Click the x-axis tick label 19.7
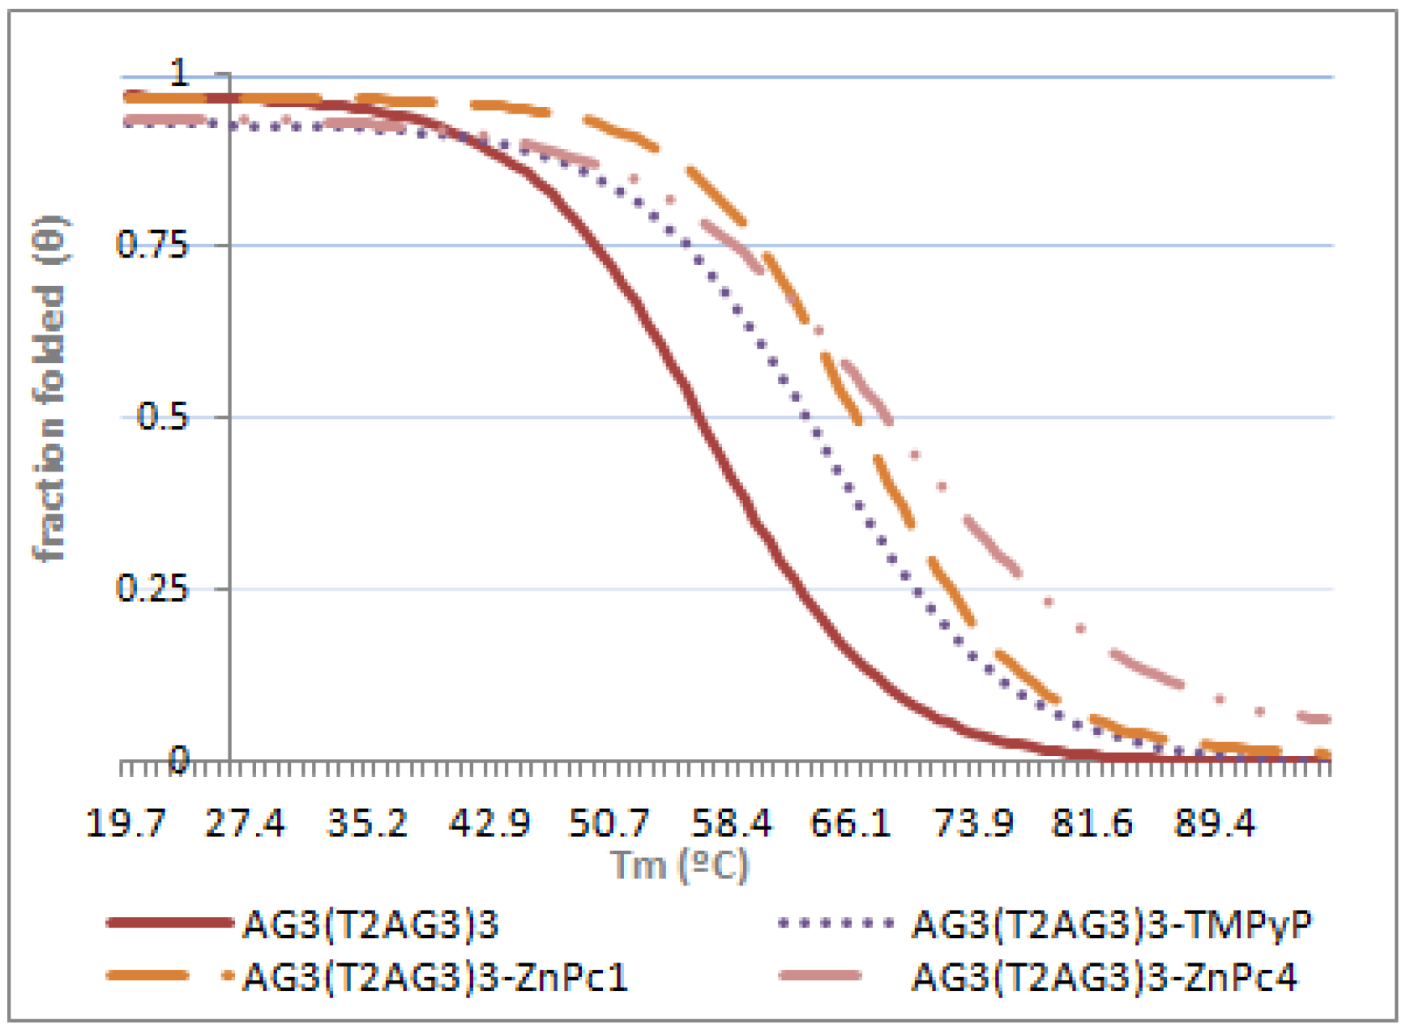[x=126, y=823]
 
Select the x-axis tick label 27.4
[x=246, y=823]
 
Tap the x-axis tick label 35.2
[x=367, y=823]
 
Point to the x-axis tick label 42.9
[x=489, y=823]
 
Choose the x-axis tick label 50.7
[x=609, y=823]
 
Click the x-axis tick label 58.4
[x=731, y=823]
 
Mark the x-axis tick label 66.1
[x=850, y=823]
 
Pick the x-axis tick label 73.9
[x=973, y=823]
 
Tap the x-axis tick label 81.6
[x=1092, y=823]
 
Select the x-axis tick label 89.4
[x=1215, y=823]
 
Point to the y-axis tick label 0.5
[x=162, y=416]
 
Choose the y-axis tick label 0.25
[x=152, y=588]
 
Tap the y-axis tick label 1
[x=180, y=74]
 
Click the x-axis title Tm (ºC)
[x=679, y=865]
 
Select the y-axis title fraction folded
[x=50, y=389]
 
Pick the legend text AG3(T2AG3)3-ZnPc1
[x=436, y=977]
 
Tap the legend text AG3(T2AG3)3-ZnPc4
[x=1105, y=977]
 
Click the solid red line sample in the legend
[x=169, y=923]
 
